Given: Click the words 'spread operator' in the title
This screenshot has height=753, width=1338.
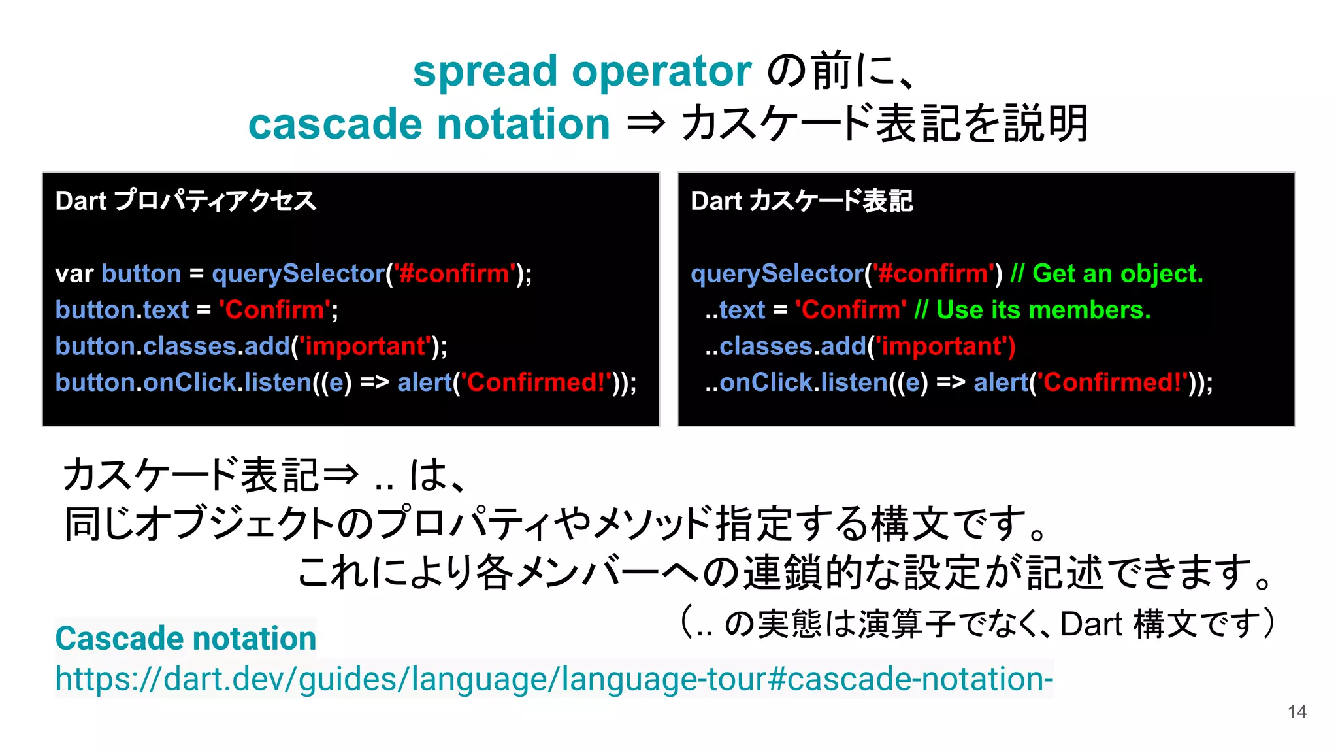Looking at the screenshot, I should click(x=581, y=72).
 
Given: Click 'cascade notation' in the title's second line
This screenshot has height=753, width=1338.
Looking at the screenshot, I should click(x=429, y=124).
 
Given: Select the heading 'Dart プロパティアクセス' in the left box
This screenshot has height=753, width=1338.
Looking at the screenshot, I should click(x=186, y=201).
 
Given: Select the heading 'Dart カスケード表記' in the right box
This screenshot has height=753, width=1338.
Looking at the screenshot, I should click(x=801, y=201).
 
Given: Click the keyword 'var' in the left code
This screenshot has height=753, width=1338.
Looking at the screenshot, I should click(x=74, y=274).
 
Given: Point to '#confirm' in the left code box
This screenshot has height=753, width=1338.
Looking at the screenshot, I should click(x=454, y=274).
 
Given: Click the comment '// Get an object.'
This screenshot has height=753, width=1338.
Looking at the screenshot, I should click(x=1106, y=274).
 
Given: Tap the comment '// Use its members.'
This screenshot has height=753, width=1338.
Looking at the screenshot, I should click(x=1032, y=310).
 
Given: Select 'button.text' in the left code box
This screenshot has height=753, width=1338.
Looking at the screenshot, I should click(x=122, y=310).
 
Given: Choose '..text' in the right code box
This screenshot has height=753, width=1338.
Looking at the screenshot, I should click(x=734, y=310).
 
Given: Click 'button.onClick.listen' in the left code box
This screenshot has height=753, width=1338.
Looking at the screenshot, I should click(x=183, y=382).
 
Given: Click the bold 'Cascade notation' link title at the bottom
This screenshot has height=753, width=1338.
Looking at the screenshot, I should click(x=186, y=638).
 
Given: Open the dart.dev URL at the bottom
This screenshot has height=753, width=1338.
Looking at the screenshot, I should click(x=553, y=678).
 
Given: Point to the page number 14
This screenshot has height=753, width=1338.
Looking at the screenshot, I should click(x=1296, y=712).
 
